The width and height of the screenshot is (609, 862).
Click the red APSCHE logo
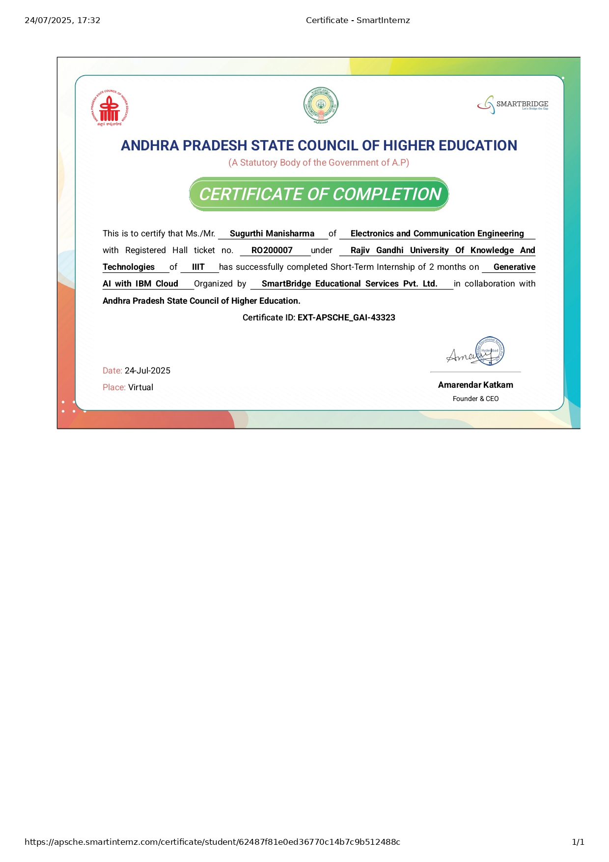(x=110, y=108)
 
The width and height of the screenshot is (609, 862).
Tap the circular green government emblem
(x=320, y=105)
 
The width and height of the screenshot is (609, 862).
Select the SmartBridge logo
(x=513, y=104)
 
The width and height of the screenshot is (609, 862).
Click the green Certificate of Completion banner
(x=319, y=194)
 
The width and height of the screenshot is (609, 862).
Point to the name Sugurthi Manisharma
(x=272, y=233)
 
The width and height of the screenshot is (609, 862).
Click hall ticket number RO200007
(x=272, y=250)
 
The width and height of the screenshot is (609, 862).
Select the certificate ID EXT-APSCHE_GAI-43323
(x=346, y=317)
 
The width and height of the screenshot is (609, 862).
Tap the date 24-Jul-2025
(x=147, y=371)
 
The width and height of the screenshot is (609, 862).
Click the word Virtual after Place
(x=140, y=387)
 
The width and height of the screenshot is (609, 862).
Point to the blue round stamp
(x=490, y=351)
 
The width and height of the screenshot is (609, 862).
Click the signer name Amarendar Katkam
(x=475, y=385)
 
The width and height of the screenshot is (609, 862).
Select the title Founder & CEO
(x=475, y=399)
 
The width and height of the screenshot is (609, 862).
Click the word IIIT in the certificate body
(x=198, y=267)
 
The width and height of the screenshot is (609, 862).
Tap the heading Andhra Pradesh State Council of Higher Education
(x=319, y=145)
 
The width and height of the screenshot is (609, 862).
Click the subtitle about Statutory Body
(x=319, y=163)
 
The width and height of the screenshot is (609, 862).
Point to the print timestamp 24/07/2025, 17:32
(x=62, y=20)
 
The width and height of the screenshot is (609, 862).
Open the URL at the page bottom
(x=212, y=842)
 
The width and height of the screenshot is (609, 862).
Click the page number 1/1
(x=578, y=842)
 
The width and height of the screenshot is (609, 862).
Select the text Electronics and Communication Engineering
(x=437, y=233)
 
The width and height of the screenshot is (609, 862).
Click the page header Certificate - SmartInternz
(x=358, y=20)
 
